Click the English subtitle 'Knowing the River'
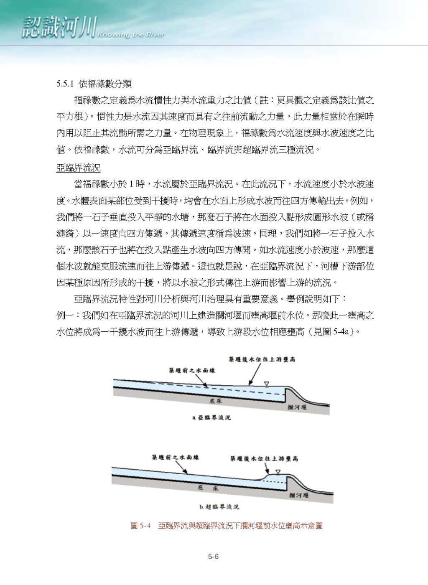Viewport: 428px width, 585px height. tap(130, 35)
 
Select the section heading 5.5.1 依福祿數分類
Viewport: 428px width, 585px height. tap(94, 84)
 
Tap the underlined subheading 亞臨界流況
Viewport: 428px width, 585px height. tap(78, 168)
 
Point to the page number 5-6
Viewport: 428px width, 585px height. tap(214, 557)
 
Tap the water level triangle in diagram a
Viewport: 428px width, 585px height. tap(266, 383)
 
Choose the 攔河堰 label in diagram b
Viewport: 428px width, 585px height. tap(298, 495)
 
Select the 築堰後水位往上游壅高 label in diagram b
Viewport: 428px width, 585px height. tap(264, 458)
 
